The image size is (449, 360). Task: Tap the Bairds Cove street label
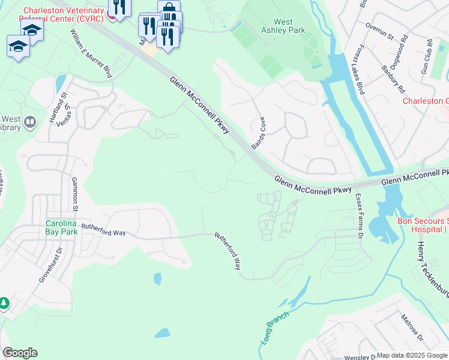[x=259, y=133]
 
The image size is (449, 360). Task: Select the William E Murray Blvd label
[x=91, y=54]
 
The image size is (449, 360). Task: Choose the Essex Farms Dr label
[x=360, y=217]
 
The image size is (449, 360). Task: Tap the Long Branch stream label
[x=275, y=327]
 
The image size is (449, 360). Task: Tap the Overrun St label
[x=379, y=32]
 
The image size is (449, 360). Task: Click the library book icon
[x=30, y=123]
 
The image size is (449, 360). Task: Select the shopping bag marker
[x=169, y=8]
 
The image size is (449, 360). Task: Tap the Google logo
[x=20, y=353]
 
